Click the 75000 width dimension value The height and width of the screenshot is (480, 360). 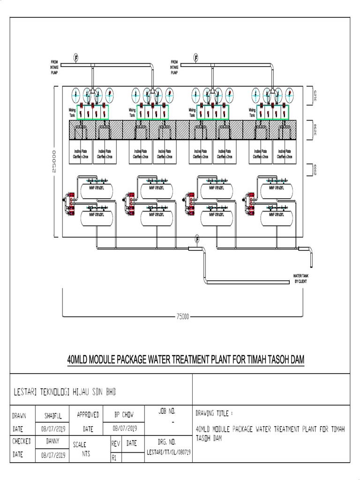182,316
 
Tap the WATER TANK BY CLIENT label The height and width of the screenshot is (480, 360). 300,278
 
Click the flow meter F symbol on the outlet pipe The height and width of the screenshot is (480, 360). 197,240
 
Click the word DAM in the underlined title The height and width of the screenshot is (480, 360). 296,360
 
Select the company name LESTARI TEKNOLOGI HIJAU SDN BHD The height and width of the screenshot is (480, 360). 65,391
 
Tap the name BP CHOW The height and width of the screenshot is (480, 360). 124,415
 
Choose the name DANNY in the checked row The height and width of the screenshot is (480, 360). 53,441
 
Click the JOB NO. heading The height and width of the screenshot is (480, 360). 167,411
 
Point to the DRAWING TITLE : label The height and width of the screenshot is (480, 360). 214,413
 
